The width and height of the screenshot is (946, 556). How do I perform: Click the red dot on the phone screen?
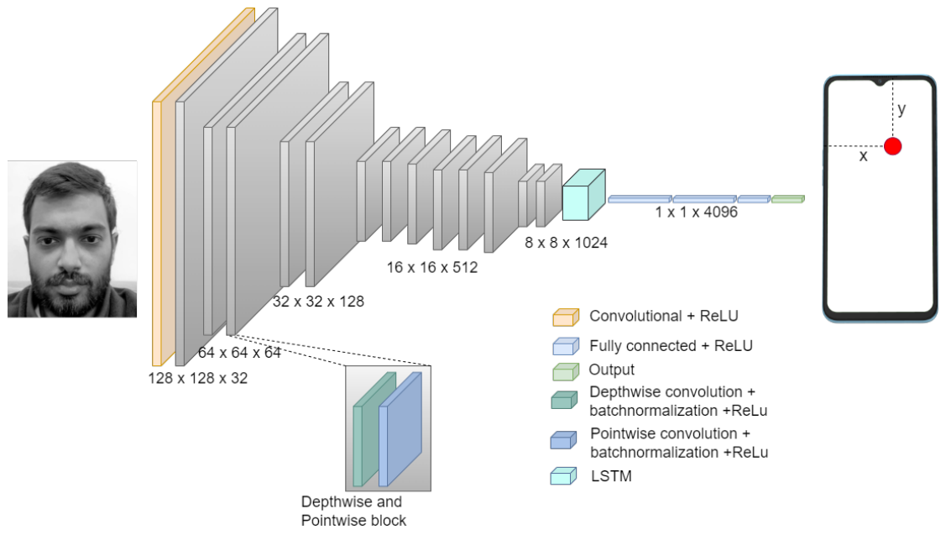pos(892,146)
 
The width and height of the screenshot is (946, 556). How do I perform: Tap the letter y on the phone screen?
pos(902,109)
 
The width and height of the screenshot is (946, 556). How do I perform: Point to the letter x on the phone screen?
pos(863,156)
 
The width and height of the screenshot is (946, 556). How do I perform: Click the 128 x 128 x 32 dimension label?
pos(198,378)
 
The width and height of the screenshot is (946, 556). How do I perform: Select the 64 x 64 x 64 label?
pos(239,353)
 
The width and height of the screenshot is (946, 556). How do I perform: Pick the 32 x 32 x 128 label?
pos(318,301)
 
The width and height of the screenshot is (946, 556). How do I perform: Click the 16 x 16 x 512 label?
pos(431,268)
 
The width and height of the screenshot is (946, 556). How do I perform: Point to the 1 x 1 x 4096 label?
pos(696,212)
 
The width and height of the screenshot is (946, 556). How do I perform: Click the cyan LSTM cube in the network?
pos(582,195)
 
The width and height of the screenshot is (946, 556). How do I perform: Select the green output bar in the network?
pos(787,199)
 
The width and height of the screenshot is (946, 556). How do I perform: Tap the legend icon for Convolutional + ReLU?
pos(565,317)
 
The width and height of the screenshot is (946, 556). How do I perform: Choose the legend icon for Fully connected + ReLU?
pos(565,346)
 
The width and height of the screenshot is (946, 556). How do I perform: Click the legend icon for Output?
pos(565,370)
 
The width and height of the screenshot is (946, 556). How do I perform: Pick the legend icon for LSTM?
pos(564,476)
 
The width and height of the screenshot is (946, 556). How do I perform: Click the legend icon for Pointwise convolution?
pos(564,440)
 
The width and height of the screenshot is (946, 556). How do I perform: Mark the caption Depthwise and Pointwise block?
pos(353,511)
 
